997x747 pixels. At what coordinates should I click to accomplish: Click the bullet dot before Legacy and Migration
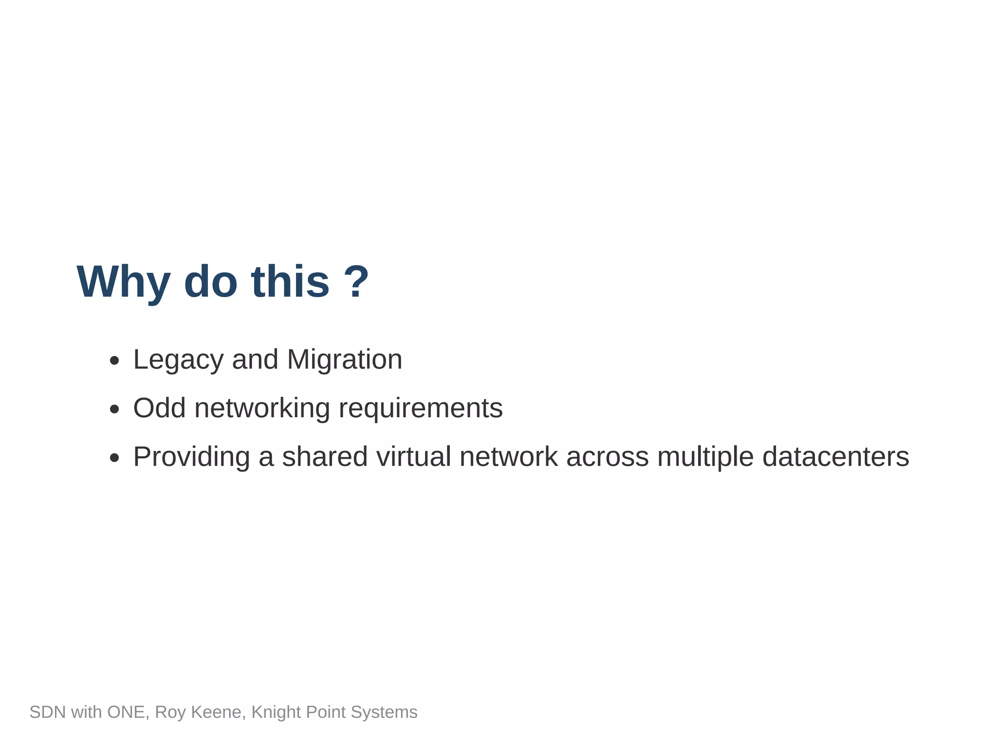point(114,361)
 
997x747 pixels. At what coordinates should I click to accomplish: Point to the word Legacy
point(178,360)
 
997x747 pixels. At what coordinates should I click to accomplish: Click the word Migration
point(344,360)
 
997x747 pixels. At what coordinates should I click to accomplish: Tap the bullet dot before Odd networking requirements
point(114,409)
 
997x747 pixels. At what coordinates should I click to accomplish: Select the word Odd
point(159,408)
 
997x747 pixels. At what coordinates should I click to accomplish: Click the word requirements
point(421,409)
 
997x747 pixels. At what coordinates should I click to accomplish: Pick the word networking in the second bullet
point(262,409)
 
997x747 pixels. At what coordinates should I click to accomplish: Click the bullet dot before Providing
point(114,458)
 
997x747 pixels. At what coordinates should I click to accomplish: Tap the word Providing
point(191,457)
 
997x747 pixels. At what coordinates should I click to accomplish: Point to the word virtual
point(413,457)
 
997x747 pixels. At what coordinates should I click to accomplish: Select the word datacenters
point(835,457)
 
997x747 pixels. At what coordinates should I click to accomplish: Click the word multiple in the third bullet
point(705,457)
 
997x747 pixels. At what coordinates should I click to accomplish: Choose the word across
point(607,457)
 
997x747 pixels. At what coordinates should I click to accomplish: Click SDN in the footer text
point(47,712)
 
